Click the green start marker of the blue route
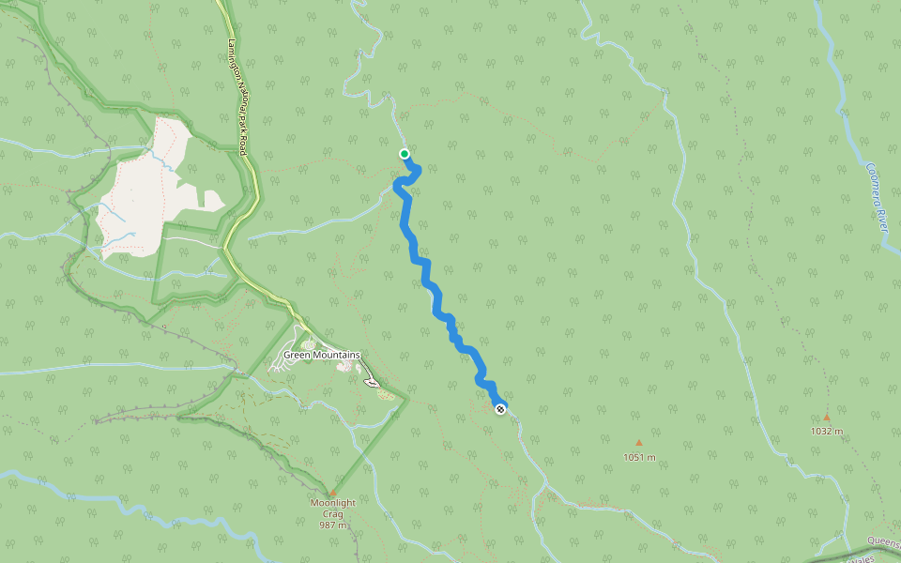coord(405,154)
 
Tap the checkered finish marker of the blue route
coord(501,407)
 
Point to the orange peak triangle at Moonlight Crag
coord(332,492)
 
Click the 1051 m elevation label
coord(639,457)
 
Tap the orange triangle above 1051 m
coord(639,443)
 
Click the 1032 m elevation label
coord(827,431)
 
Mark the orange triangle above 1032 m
coord(827,418)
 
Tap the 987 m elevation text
coord(333,525)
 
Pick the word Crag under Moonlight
coord(333,513)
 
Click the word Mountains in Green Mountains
coord(334,355)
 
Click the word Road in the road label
coord(247,143)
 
